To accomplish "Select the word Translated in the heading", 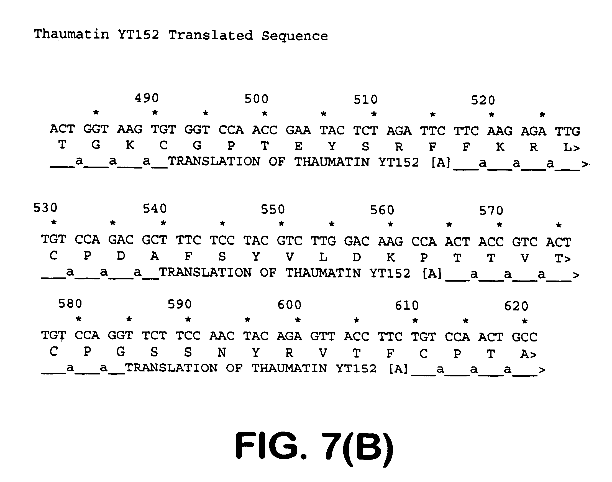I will [x=210, y=35].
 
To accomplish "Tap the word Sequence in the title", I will [x=295, y=36].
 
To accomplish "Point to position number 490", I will [x=147, y=98].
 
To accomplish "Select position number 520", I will [x=483, y=100].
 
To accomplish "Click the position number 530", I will [x=45, y=208].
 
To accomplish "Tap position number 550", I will [x=273, y=209].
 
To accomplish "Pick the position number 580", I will [x=70, y=304].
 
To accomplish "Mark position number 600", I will [x=289, y=305].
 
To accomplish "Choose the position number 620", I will [x=516, y=306].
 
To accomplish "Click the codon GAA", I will [x=298, y=130].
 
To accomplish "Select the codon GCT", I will [x=154, y=240].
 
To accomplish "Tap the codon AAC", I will [x=222, y=336].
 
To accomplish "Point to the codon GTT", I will [x=323, y=336].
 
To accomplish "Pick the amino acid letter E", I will [x=298, y=146].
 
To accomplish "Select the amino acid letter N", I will [x=222, y=352].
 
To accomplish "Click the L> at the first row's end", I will [x=571, y=147].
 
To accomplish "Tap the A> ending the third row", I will [x=528, y=354].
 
